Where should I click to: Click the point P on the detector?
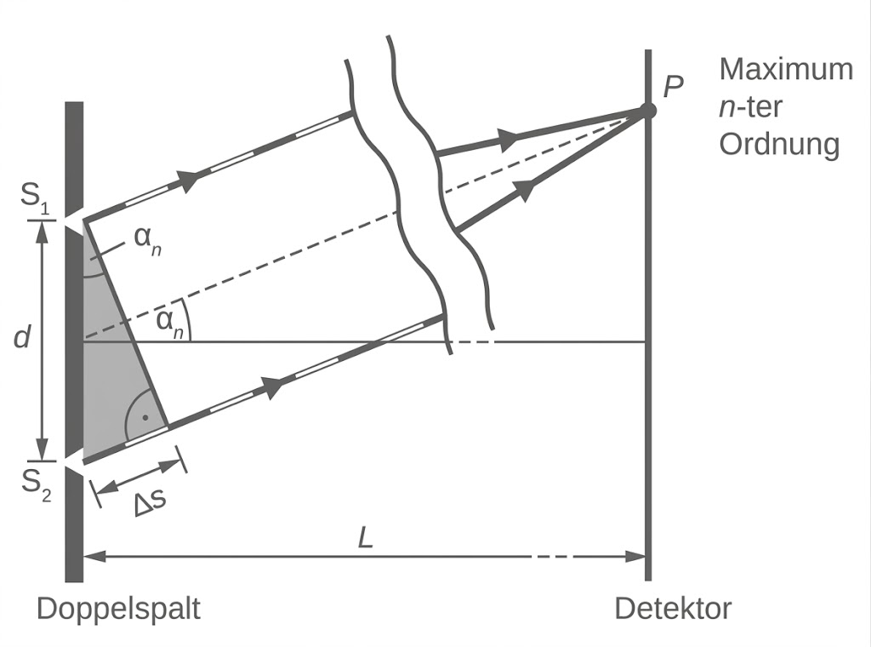click(647, 111)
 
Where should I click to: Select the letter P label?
click(673, 86)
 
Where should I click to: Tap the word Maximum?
click(785, 69)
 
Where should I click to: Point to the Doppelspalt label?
click(118, 609)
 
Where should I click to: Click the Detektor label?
click(673, 609)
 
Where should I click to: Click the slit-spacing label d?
click(22, 338)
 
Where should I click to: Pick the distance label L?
click(366, 540)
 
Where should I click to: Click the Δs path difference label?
click(148, 501)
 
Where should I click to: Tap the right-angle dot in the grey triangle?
click(145, 418)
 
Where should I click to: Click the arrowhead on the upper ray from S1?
click(188, 179)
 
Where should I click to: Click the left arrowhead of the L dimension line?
click(94, 557)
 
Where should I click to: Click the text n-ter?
click(750, 106)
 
